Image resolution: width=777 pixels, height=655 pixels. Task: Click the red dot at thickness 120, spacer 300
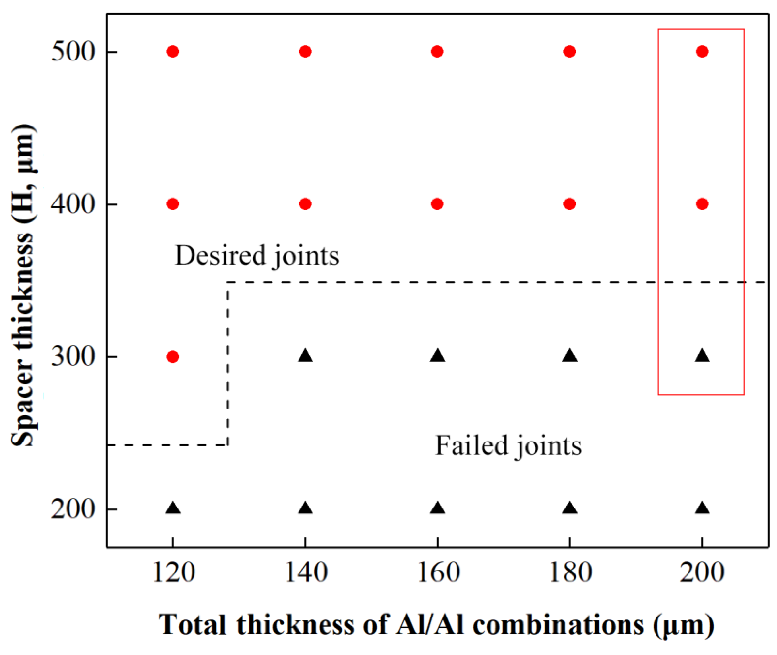point(173,356)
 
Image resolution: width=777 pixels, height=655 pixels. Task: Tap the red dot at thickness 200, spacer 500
point(702,51)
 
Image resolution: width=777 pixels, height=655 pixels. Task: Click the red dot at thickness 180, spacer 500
point(570,51)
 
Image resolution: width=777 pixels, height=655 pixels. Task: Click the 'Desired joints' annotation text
point(257,256)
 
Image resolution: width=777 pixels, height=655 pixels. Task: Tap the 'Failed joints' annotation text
point(508,446)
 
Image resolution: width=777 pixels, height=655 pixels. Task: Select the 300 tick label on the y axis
point(73,356)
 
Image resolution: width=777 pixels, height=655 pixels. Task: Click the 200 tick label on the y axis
point(73,509)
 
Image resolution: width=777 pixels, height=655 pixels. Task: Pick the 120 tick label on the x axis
point(173,572)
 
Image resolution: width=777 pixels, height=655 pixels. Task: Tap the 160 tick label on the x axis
point(438,572)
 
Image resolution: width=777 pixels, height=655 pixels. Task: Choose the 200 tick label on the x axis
point(702,572)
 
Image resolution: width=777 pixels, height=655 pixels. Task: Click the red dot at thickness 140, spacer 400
point(305,204)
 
